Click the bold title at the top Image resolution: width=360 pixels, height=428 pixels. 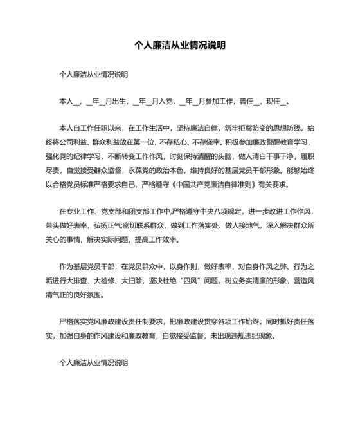pyautogui.click(x=179, y=46)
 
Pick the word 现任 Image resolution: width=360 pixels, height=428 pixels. pyautogui.click(x=274, y=101)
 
